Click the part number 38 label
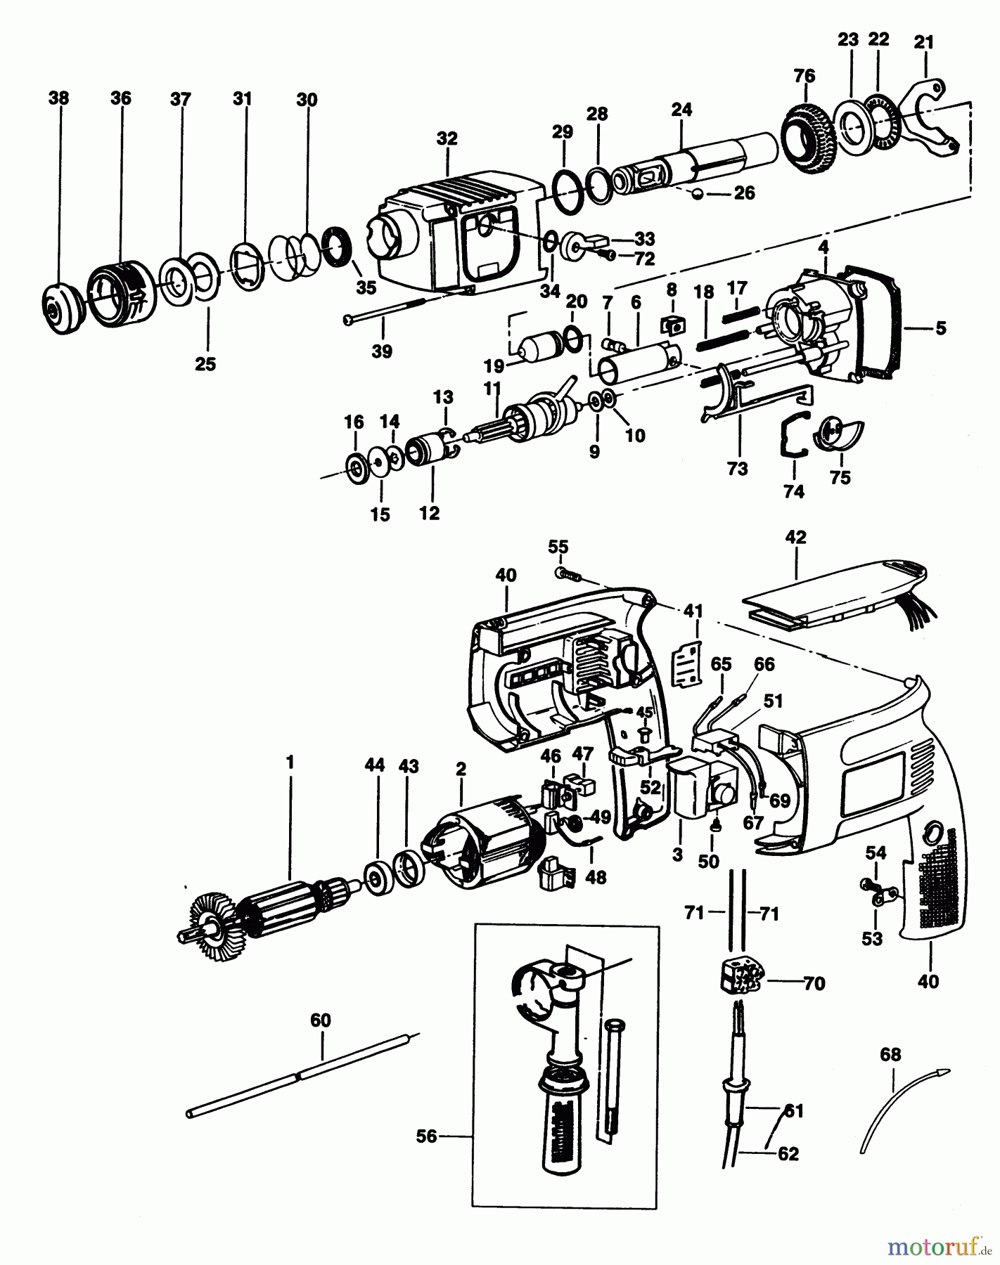tap(59, 98)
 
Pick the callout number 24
tap(681, 109)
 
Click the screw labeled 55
tap(567, 574)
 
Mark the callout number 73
tap(737, 469)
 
